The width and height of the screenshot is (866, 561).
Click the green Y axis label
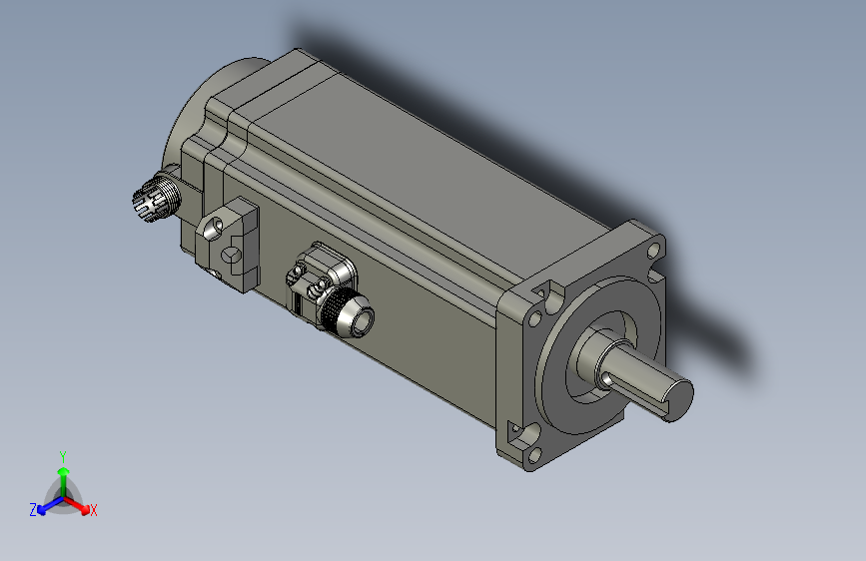pyautogui.click(x=62, y=455)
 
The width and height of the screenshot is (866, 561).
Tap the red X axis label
pyautogui.click(x=94, y=510)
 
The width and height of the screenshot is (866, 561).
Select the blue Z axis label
pyautogui.click(x=33, y=509)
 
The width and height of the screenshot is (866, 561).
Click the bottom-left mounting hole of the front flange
pyautogui.click(x=529, y=435)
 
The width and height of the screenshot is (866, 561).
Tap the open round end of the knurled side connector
pyautogui.click(x=359, y=320)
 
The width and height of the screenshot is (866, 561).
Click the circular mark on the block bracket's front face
pyautogui.click(x=230, y=257)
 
